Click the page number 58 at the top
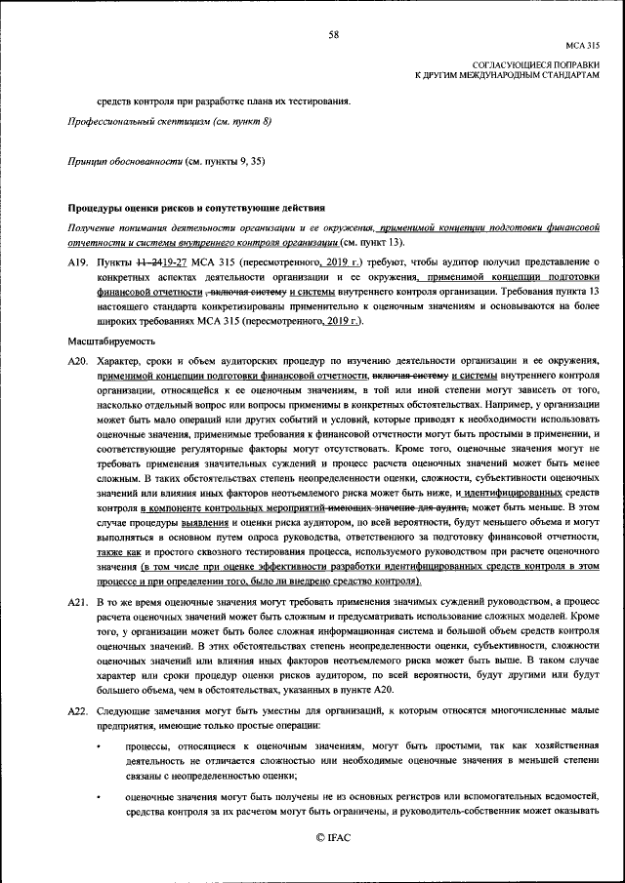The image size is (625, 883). [x=333, y=35]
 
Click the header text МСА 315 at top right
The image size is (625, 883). [x=582, y=46]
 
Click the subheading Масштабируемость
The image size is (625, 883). [x=109, y=343]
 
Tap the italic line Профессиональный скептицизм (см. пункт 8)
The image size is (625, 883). [x=168, y=121]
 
